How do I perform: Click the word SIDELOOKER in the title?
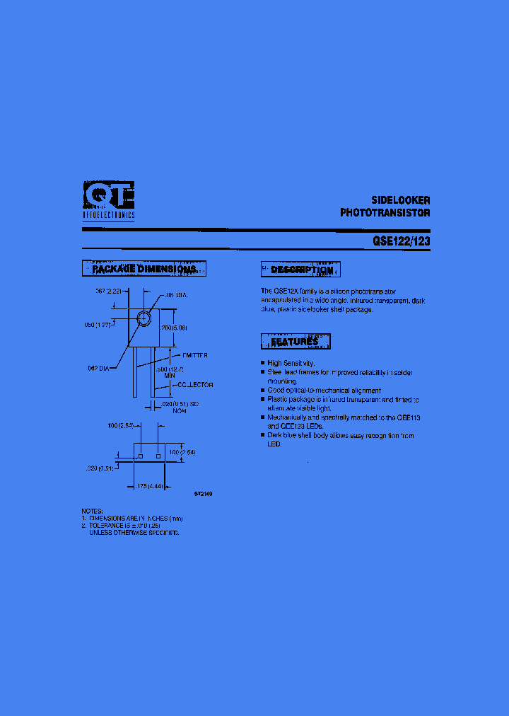pos(401,200)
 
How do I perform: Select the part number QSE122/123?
pos(401,241)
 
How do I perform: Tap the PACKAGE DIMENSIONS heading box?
pos(144,269)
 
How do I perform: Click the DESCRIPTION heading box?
pos(301,270)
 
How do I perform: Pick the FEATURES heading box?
pos(296,342)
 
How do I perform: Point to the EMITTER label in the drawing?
pos(194,355)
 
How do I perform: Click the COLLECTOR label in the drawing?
pos(195,385)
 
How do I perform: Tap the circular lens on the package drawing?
pos(144,318)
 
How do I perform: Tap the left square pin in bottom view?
pos(140,456)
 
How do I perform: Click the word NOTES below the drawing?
pos(93,510)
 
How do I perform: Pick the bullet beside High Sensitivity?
pos(263,363)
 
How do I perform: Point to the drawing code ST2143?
pos(203,494)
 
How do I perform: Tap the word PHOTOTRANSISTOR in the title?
pos(385,212)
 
